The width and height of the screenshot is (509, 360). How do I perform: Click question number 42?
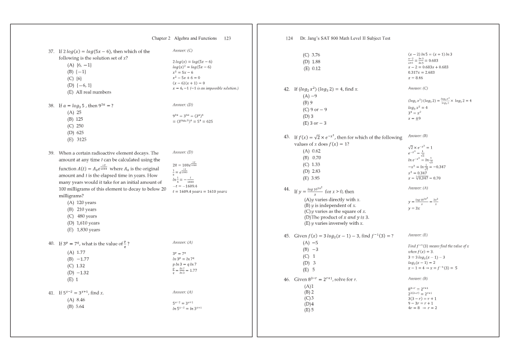pyautogui.click(x=287, y=89)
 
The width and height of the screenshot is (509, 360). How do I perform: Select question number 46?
pyautogui.click(x=287, y=278)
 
